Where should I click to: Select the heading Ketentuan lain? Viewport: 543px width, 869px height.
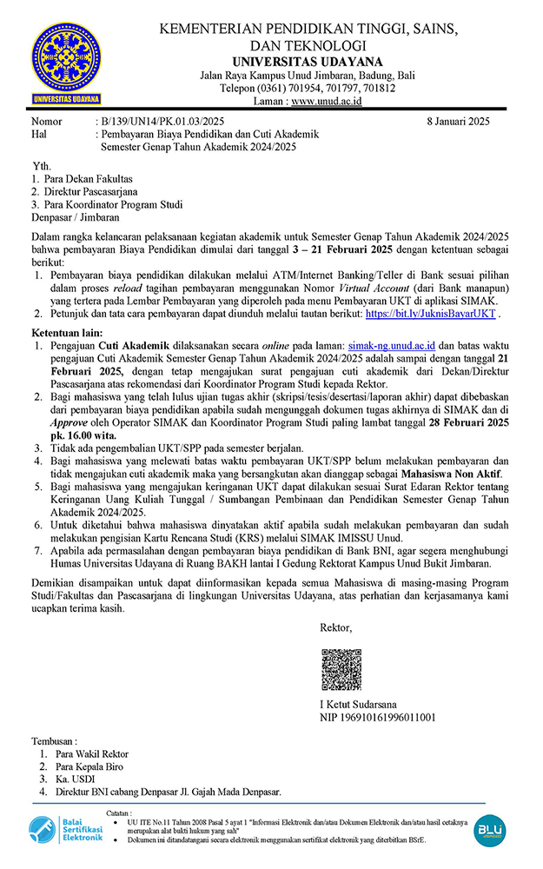[68, 333]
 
